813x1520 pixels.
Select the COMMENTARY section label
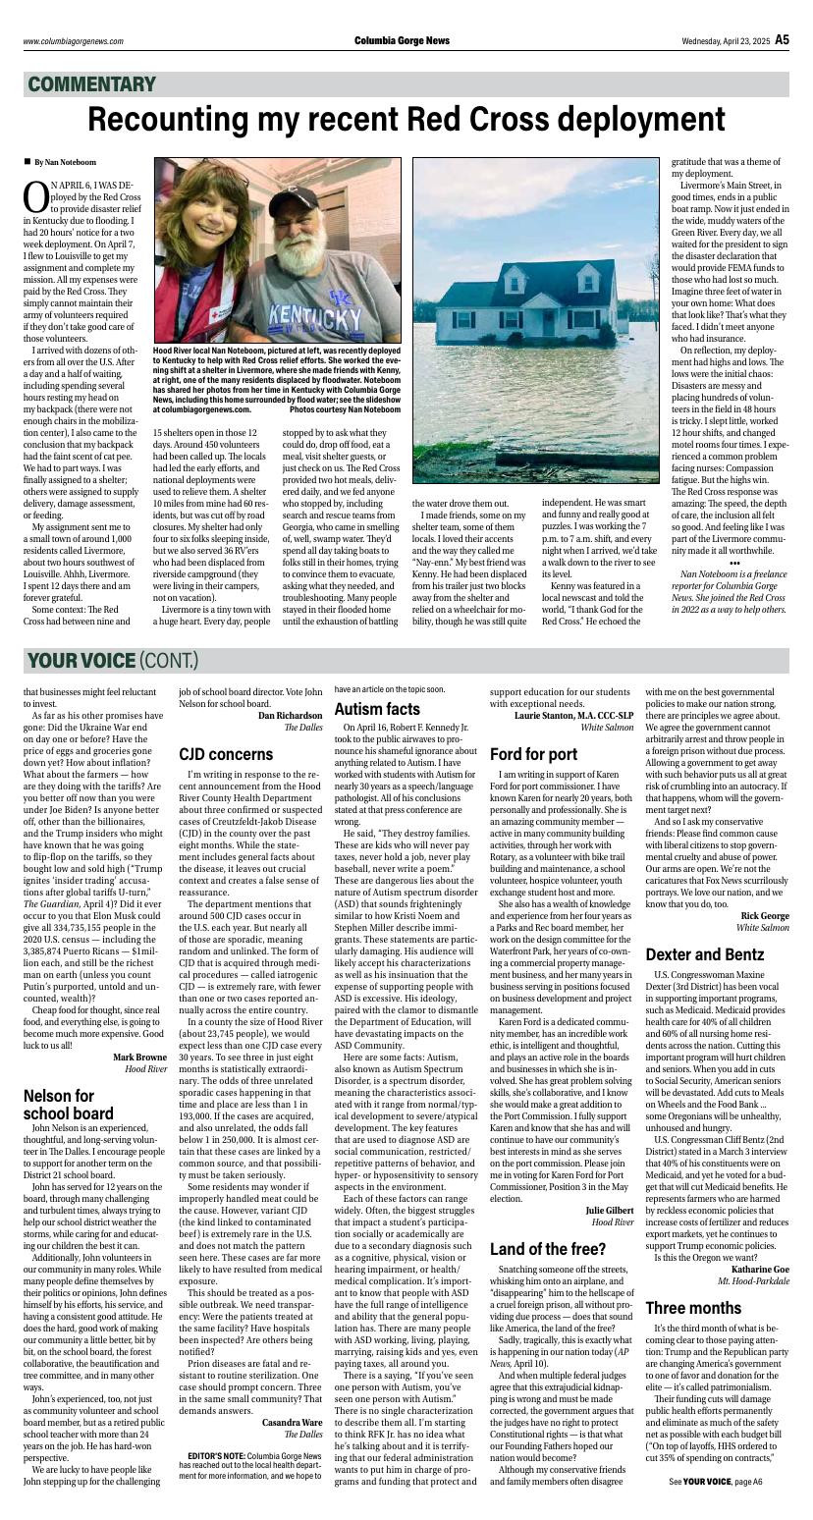(92, 84)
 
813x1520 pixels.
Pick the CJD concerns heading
(226, 754)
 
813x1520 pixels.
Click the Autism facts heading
(377, 709)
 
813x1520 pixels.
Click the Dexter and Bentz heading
(704, 954)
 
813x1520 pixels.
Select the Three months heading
(693, 1308)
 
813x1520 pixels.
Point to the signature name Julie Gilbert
(609, 1211)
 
